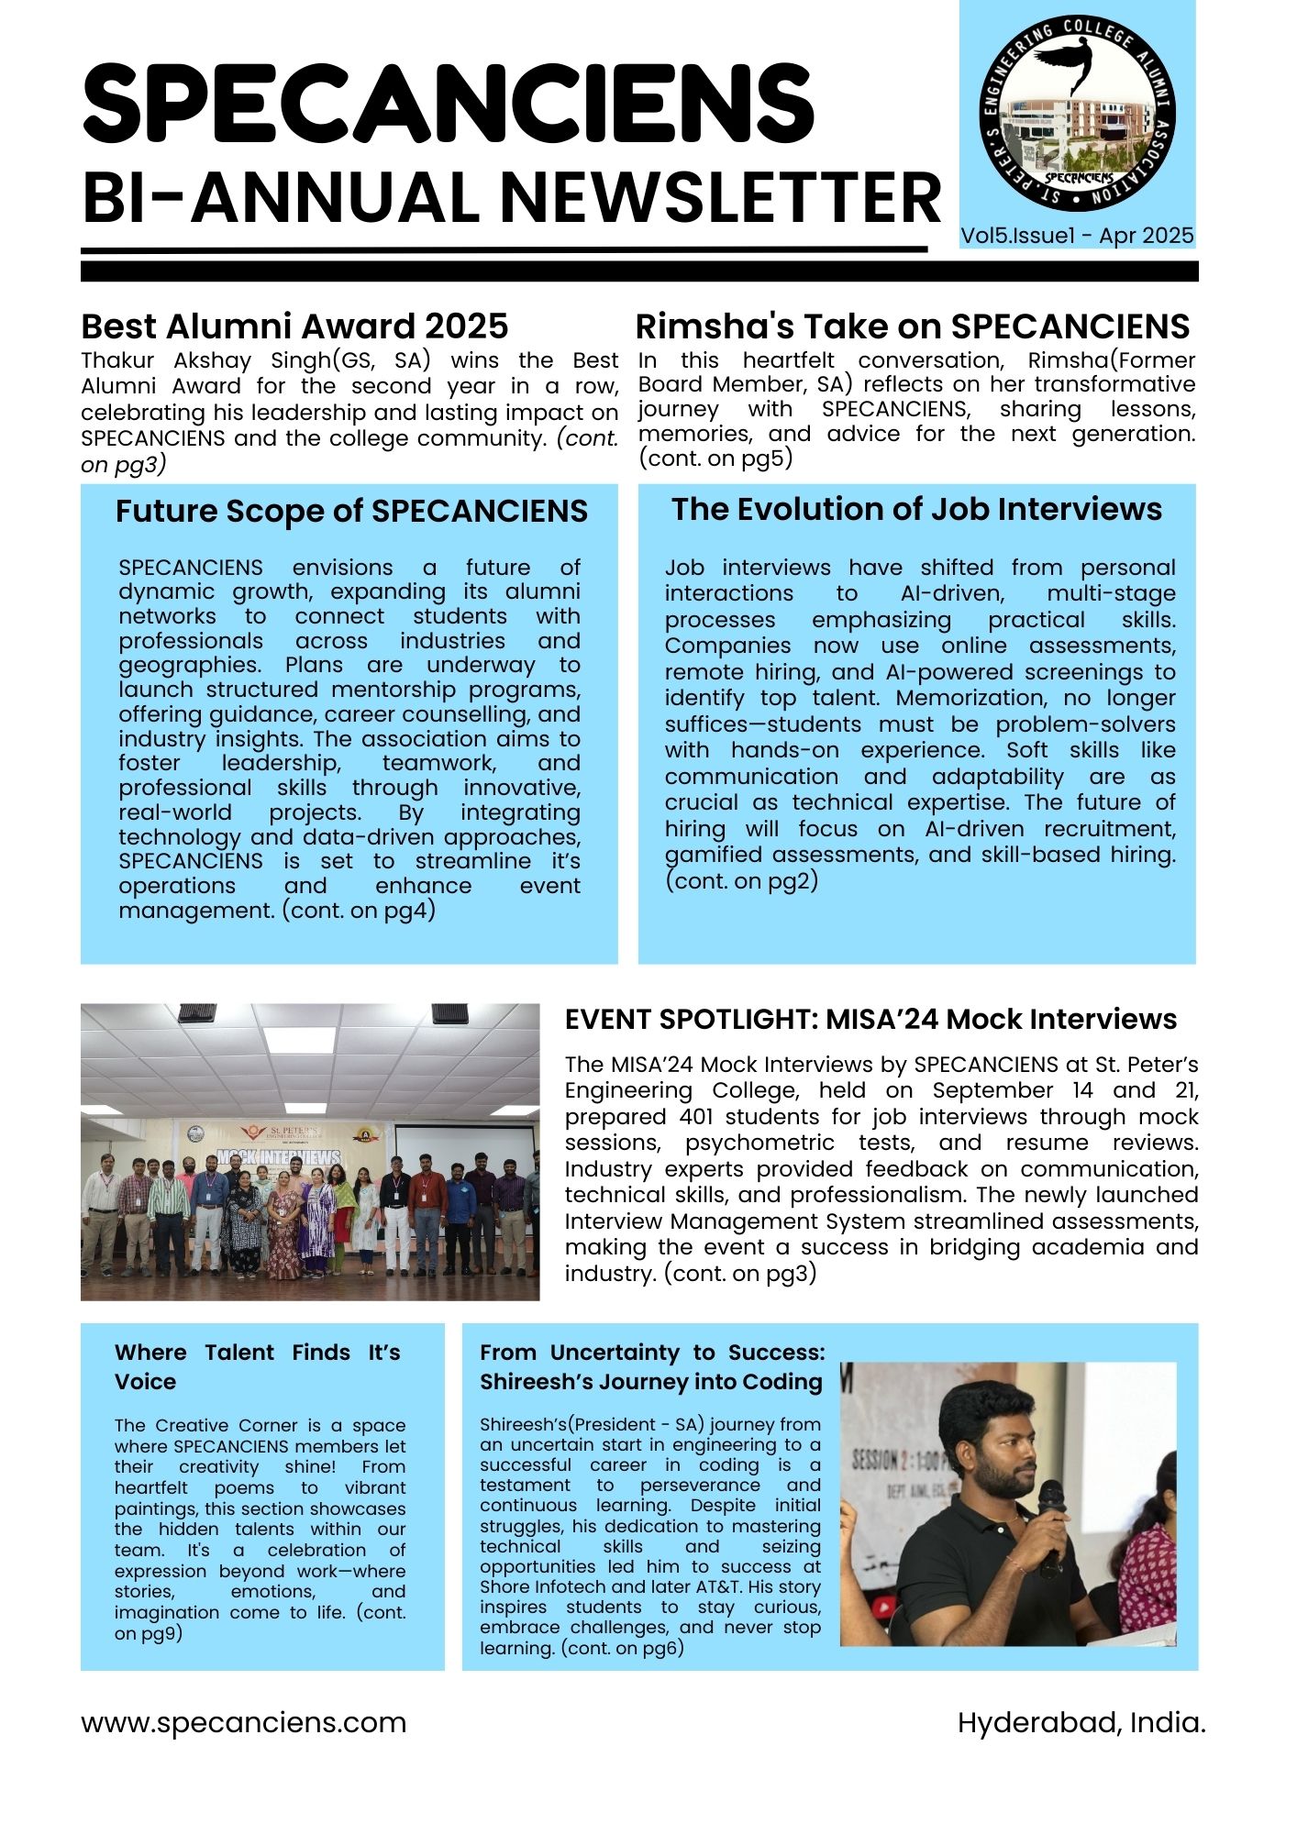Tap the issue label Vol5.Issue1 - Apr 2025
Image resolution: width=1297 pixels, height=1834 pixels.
(x=1077, y=236)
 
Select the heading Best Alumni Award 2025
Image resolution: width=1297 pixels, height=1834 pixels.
(x=294, y=326)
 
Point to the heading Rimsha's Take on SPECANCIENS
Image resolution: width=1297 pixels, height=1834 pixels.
(x=912, y=326)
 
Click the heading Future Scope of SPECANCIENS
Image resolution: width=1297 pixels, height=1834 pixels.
(x=351, y=511)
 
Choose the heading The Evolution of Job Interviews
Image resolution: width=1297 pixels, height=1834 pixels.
(x=916, y=509)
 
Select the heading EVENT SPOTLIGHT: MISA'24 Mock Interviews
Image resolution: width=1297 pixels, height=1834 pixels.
(x=870, y=1019)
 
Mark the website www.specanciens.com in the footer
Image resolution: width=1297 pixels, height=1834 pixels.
(x=243, y=1723)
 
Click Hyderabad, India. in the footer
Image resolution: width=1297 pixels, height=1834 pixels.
(x=1081, y=1723)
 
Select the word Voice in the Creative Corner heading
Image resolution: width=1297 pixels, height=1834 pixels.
(x=145, y=1382)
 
